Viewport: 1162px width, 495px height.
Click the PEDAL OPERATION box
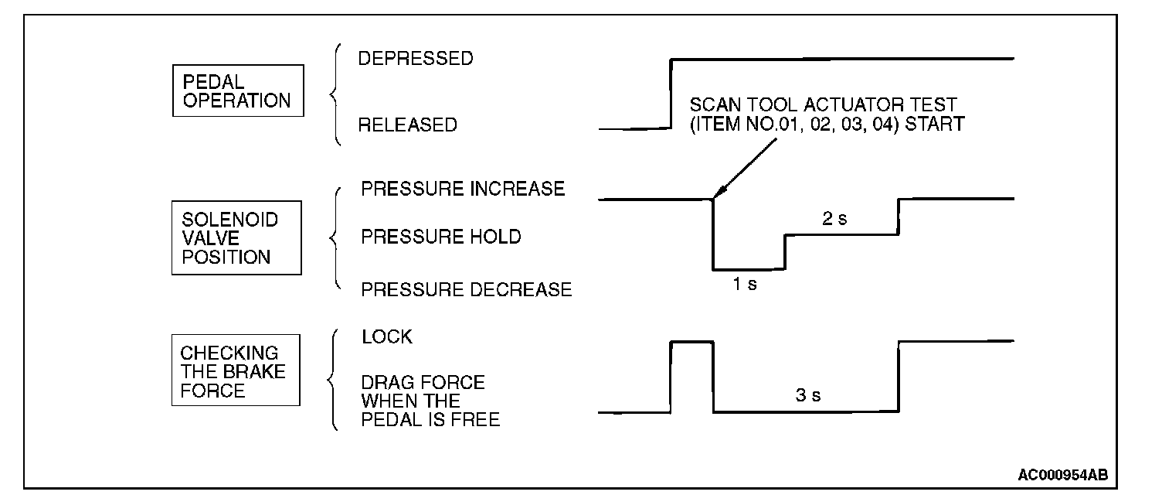click(236, 91)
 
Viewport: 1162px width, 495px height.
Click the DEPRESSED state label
click(416, 59)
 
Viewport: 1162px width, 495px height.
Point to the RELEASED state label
click(408, 125)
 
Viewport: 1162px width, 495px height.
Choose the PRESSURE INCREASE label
click(463, 189)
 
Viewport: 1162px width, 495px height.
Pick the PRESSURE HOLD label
click(441, 237)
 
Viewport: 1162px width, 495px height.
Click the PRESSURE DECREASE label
click(467, 289)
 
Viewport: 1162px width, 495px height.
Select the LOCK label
click(386, 337)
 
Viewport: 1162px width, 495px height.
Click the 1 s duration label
click(745, 284)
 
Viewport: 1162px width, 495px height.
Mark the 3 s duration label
click(808, 396)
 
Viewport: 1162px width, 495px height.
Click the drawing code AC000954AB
click(1067, 473)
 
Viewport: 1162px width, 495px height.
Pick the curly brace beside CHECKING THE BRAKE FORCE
click(332, 380)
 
